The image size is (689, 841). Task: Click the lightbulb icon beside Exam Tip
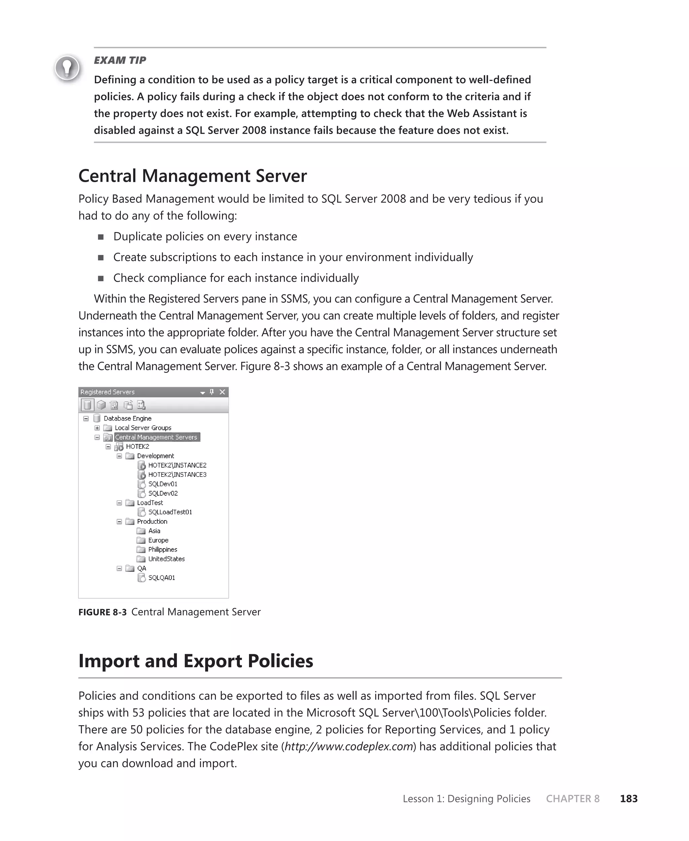[x=67, y=68]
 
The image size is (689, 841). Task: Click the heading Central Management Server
[x=192, y=176]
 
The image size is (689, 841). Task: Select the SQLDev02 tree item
[x=163, y=493]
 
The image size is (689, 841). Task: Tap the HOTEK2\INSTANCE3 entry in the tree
[x=177, y=474]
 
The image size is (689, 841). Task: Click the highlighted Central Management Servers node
[x=156, y=437]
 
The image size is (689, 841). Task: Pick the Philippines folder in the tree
[x=162, y=549]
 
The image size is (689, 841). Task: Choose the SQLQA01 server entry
[x=161, y=578]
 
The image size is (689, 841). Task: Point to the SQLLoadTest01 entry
[x=170, y=512]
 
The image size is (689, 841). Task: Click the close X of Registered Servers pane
[x=222, y=392]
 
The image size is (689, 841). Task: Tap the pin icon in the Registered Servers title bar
[x=212, y=392]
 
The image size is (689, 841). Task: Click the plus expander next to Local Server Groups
[x=97, y=428]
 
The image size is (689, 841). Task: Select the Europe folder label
[x=158, y=540]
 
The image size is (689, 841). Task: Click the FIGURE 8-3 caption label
[x=102, y=612]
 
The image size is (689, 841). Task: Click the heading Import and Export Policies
[x=196, y=661]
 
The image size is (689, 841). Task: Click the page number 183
[x=629, y=799]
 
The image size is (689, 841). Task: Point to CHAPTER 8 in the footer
[x=572, y=799]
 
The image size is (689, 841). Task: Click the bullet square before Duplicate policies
[x=101, y=237]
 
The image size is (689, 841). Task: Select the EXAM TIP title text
[x=120, y=60]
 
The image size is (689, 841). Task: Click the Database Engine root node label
[x=128, y=418]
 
